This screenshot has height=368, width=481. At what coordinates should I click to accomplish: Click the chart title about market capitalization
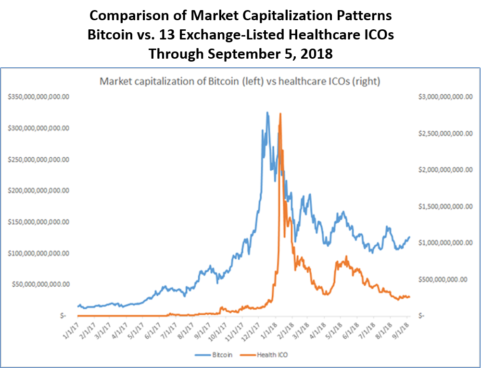[240, 82]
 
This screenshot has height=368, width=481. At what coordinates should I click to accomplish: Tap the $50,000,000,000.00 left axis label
[42, 284]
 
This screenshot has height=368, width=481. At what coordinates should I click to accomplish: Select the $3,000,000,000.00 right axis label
[443, 97]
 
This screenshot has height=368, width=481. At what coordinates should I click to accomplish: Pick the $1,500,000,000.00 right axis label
[443, 206]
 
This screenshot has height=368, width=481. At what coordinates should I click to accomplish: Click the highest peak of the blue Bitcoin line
[267, 113]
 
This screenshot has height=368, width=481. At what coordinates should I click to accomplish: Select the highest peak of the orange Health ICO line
[280, 114]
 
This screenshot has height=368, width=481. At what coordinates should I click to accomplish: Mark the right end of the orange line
[409, 297]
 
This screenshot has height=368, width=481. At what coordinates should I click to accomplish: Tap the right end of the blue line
[409, 237]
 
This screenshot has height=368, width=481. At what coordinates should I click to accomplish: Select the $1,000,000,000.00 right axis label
[443, 243]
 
